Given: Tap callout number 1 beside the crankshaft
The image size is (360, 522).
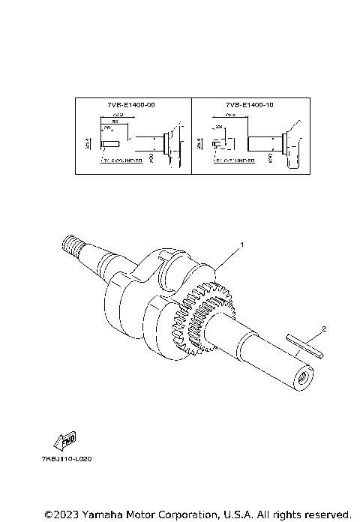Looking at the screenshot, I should point(241,245).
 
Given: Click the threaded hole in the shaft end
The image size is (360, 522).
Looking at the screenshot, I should point(304,377).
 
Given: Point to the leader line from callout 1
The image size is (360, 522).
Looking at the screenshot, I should point(228,259).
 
